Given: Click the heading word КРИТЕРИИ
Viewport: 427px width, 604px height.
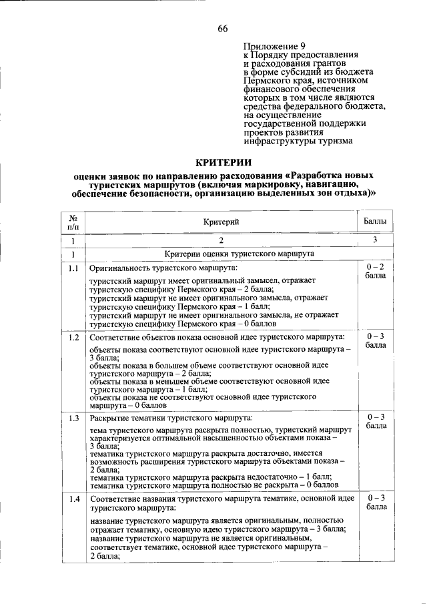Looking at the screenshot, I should pyautogui.click(x=223, y=162).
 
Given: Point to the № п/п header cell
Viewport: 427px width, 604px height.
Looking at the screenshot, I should pyautogui.click(x=73, y=222).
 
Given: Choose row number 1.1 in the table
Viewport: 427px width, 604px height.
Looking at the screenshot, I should pyautogui.click(x=73, y=269).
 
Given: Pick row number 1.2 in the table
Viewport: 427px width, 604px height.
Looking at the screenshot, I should pyautogui.click(x=73, y=337).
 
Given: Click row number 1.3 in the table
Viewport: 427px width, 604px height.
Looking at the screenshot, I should pyautogui.click(x=73, y=418).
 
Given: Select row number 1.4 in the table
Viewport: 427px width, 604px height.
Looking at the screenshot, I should pyautogui.click(x=73, y=499).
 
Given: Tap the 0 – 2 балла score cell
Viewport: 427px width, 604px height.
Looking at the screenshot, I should pyautogui.click(x=375, y=271).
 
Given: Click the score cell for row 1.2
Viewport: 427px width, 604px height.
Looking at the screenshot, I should pyautogui.click(x=375, y=341).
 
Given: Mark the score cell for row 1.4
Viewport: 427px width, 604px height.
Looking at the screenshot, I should pyautogui.click(x=375, y=503).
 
